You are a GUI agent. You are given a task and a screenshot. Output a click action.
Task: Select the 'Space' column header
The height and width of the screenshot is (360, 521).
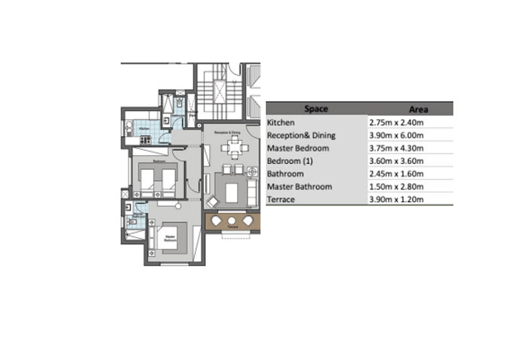[316, 109]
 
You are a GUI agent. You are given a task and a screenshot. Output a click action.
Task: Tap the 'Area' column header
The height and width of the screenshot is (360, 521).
[417, 109]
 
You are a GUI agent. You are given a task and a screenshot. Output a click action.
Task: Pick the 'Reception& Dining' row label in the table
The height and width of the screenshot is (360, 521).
[301, 135]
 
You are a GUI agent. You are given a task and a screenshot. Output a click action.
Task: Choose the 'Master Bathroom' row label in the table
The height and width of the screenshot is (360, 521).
[300, 187]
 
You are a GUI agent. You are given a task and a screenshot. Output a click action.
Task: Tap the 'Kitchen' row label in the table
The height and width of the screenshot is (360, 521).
[281, 122]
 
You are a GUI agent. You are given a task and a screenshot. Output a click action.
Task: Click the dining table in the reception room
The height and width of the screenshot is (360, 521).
[232, 148]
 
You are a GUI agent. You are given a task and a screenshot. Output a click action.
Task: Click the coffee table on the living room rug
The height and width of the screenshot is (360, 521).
[232, 191]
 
